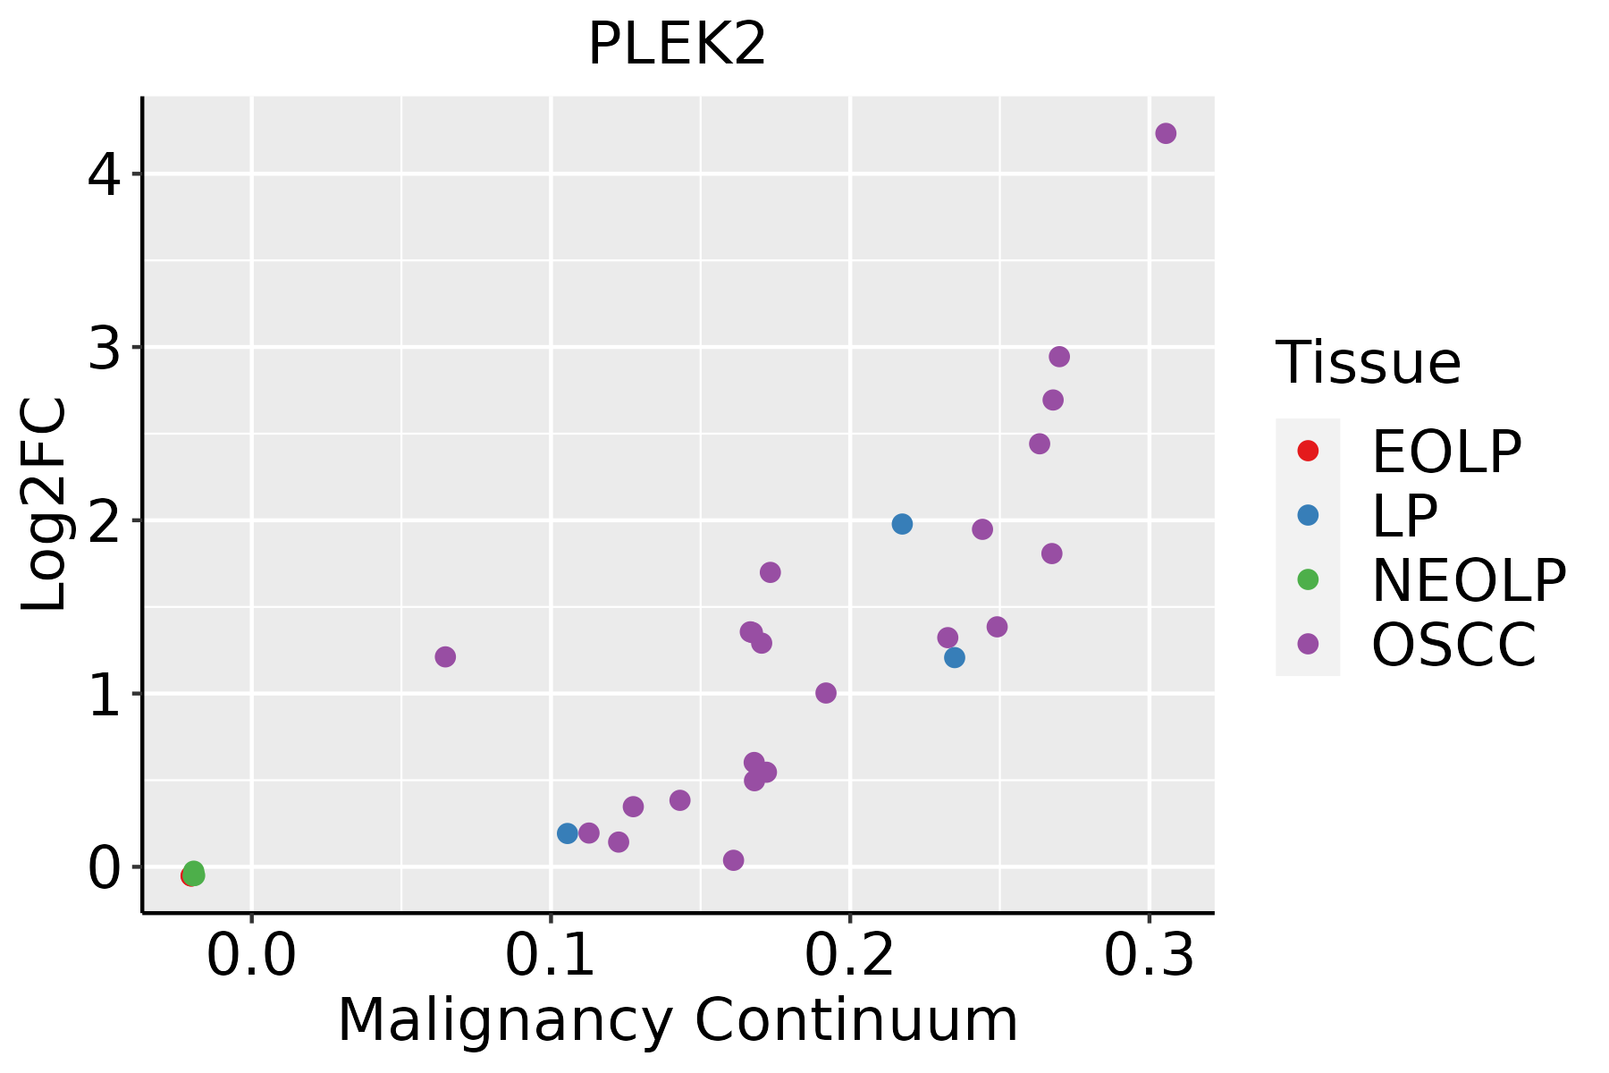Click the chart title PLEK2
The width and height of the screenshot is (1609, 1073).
[x=677, y=45]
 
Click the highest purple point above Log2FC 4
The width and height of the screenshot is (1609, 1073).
[x=1166, y=133]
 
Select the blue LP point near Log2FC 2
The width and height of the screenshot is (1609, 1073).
[x=902, y=524]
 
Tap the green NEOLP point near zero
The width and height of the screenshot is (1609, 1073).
[x=194, y=872]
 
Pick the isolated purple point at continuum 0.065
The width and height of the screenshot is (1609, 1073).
[x=445, y=657]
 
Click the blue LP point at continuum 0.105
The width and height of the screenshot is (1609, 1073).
[x=568, y=833]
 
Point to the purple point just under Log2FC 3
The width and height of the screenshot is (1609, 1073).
[x=1059, y=357]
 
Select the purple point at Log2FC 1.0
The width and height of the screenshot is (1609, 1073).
[x=826, y=693]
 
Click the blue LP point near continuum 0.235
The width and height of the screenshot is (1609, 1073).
[x=955, y=658]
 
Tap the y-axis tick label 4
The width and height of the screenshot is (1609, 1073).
[x=104, y=175]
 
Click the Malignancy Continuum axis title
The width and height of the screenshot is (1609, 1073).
[x=678, y=1020]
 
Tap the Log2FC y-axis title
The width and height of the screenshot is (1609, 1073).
[x=45, y=505]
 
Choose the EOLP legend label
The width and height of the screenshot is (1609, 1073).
[x=1445, y=452]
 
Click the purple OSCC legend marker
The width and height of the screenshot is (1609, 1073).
[x=1308, y=644]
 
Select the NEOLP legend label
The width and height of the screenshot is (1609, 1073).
[x=1469, y=580]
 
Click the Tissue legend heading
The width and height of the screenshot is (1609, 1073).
[x=1368, y=363]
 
